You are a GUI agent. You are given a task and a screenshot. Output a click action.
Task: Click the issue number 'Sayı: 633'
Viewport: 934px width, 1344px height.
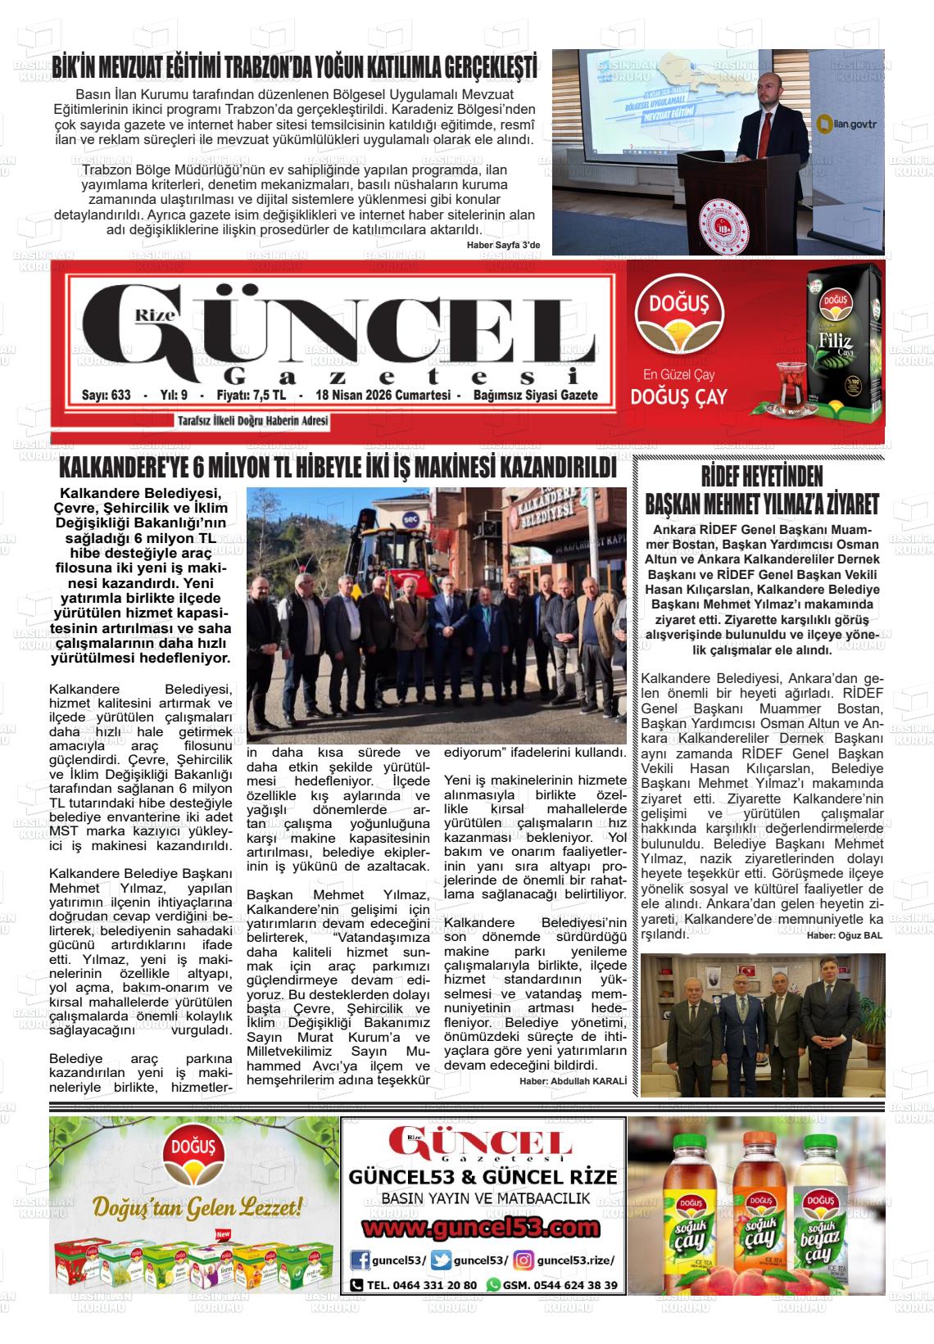(107, 396)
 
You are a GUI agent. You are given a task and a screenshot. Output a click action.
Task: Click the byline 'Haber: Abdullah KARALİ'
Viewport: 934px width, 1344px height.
(573, 1081)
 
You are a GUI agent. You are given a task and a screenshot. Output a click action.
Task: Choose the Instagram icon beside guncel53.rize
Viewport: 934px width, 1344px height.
(524, 1260)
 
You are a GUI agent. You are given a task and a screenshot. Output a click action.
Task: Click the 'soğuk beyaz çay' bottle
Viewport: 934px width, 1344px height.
(827, 1220)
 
